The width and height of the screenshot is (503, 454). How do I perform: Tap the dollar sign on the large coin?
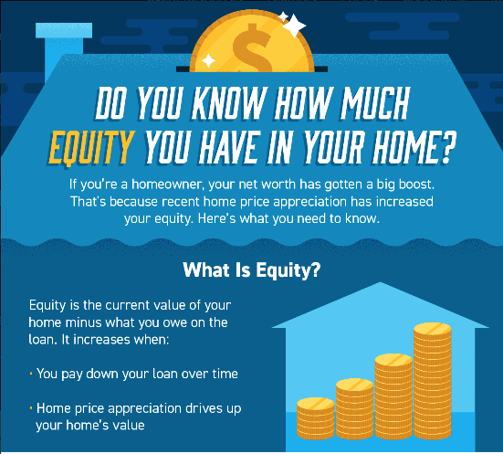pyautogui.click(x=253, y=48)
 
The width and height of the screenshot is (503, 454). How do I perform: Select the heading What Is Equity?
pyautogui.click(x=252, y=270)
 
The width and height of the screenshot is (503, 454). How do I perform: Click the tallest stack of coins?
pyautogui.click(x=433, y=381)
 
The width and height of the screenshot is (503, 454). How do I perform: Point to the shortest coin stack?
pyautogui.click(x=316, y=418)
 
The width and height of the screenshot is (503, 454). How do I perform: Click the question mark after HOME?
pyautogui.click(x=447, y=148)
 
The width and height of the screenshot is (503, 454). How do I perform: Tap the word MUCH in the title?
pyautogui.click(x=375, y=102)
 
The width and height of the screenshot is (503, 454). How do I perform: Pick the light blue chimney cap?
pyautogui.click(x=64, y=30)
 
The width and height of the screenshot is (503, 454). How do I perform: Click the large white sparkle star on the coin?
pyautogui.click(x=294, y=25)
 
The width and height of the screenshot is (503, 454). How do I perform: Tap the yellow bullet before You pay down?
pyautogui.click(x=31, y=374)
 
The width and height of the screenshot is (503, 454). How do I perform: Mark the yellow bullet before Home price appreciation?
pyautogui.click(x=31, y=408)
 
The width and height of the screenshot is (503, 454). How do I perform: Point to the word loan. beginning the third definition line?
pyautogui.click(x=43, y=340)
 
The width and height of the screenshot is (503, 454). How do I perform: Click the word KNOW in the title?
pyautogui.click(x=229, y=102)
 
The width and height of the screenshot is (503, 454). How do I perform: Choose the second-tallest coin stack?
pyautogui.click(x=393, y=396)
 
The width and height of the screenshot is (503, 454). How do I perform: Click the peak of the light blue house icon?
pyautogui.click(x=381, y=282)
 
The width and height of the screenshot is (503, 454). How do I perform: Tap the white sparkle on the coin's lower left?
pyautogui.click(x=208, y=60)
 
